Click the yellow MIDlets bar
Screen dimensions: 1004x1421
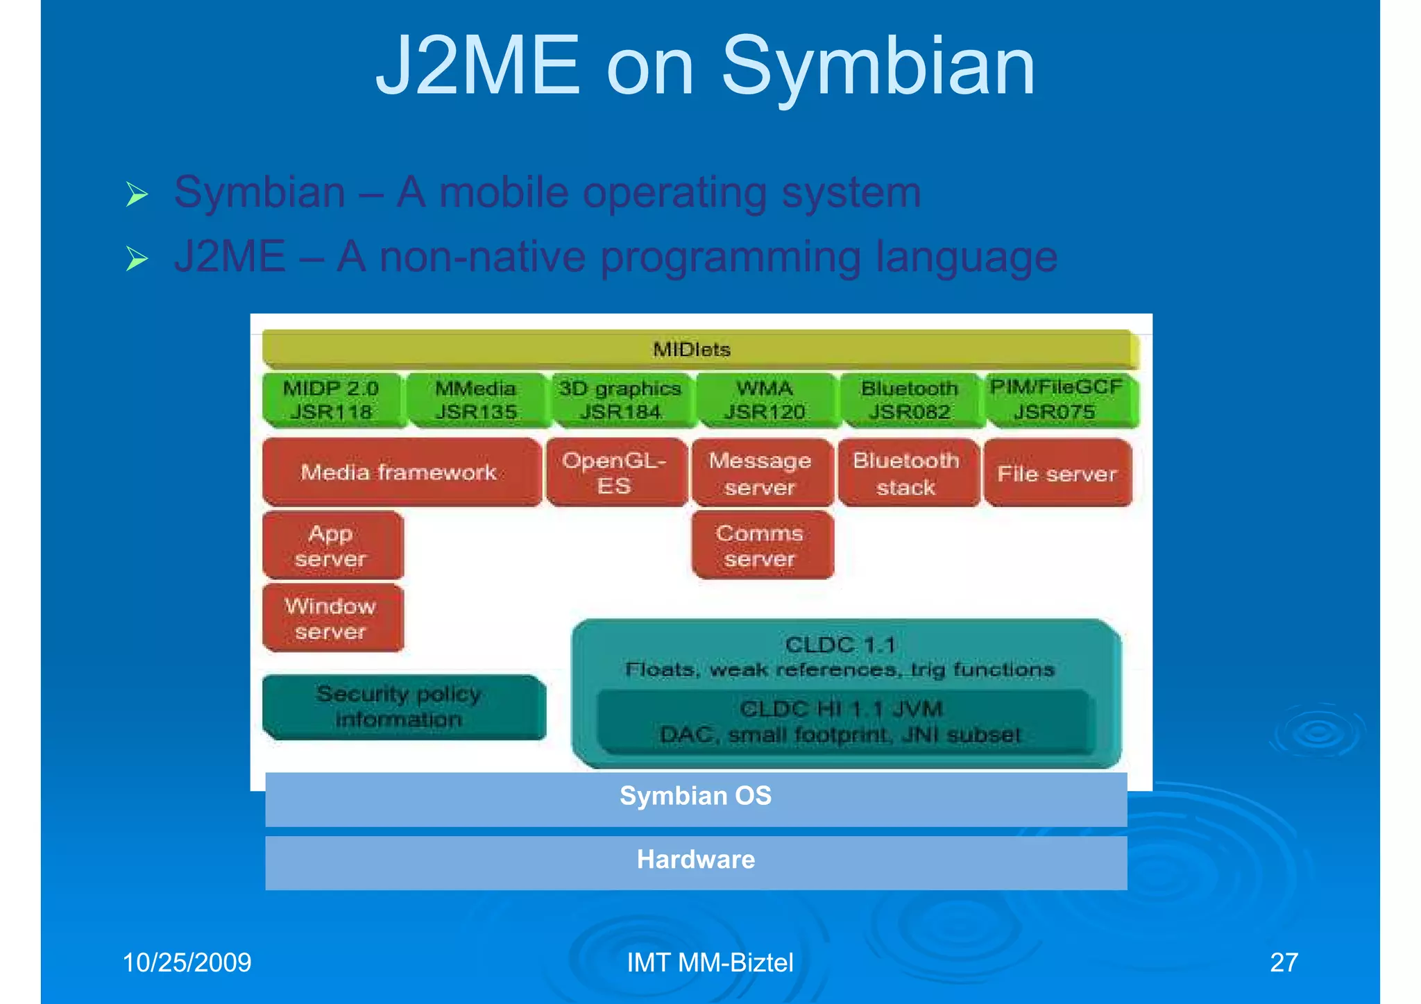coord(699,349)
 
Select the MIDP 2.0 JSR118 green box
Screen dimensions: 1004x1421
coord(332,400)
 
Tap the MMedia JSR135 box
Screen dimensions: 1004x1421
coord(476,400)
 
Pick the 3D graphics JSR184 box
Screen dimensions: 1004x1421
coord(621,400)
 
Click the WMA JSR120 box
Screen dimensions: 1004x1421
coord(765,400)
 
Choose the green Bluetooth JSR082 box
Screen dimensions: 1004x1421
coord(910,400)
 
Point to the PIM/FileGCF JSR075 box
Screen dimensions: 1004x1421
coord(1056,400)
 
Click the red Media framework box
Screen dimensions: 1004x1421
coord(400,473)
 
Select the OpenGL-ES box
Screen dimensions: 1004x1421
coord(615,473)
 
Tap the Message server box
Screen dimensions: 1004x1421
coord(761,473)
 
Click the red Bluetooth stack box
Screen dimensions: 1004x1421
coord(907,473)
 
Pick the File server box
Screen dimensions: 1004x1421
coord(1057,473)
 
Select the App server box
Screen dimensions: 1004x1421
coord(332,545)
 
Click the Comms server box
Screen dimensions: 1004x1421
coord(761,545)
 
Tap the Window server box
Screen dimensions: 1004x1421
coord(332,618)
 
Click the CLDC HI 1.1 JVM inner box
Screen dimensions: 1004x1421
coord(842,722)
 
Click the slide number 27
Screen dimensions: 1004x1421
coord(1284,962)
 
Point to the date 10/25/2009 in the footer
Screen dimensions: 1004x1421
coord(187,962)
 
